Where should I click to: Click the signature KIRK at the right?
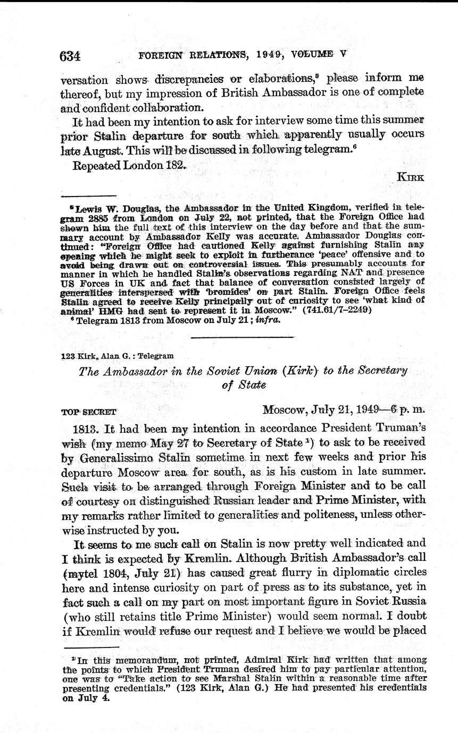[410, 178]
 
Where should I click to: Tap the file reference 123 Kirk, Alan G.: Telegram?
[117, 356]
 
